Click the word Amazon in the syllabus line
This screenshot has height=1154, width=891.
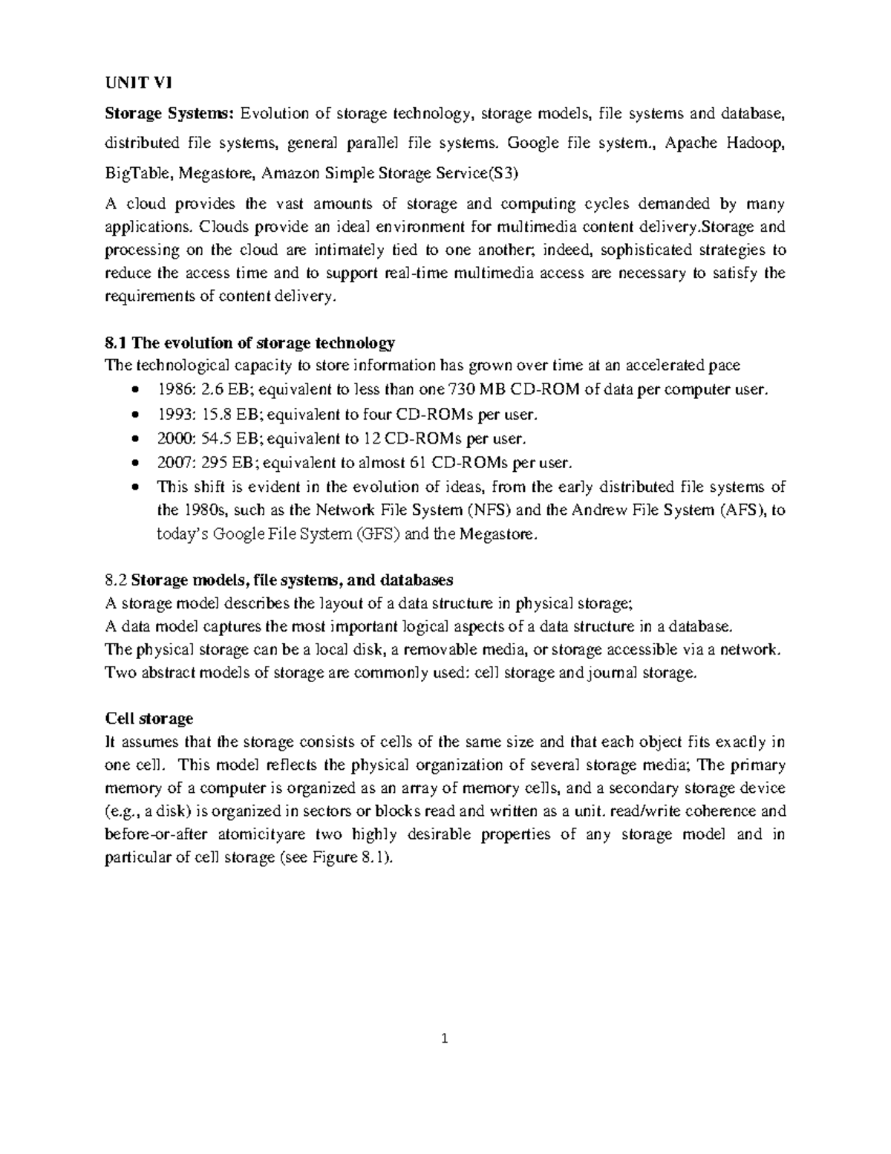[x=293, y=174]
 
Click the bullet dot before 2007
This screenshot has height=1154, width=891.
[x=134, y=464]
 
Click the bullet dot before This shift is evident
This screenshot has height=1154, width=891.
[x=134, y=488]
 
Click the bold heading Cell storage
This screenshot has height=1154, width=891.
[x=148, y=719]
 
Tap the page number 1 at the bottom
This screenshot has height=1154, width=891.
[x=445, y=1039]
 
